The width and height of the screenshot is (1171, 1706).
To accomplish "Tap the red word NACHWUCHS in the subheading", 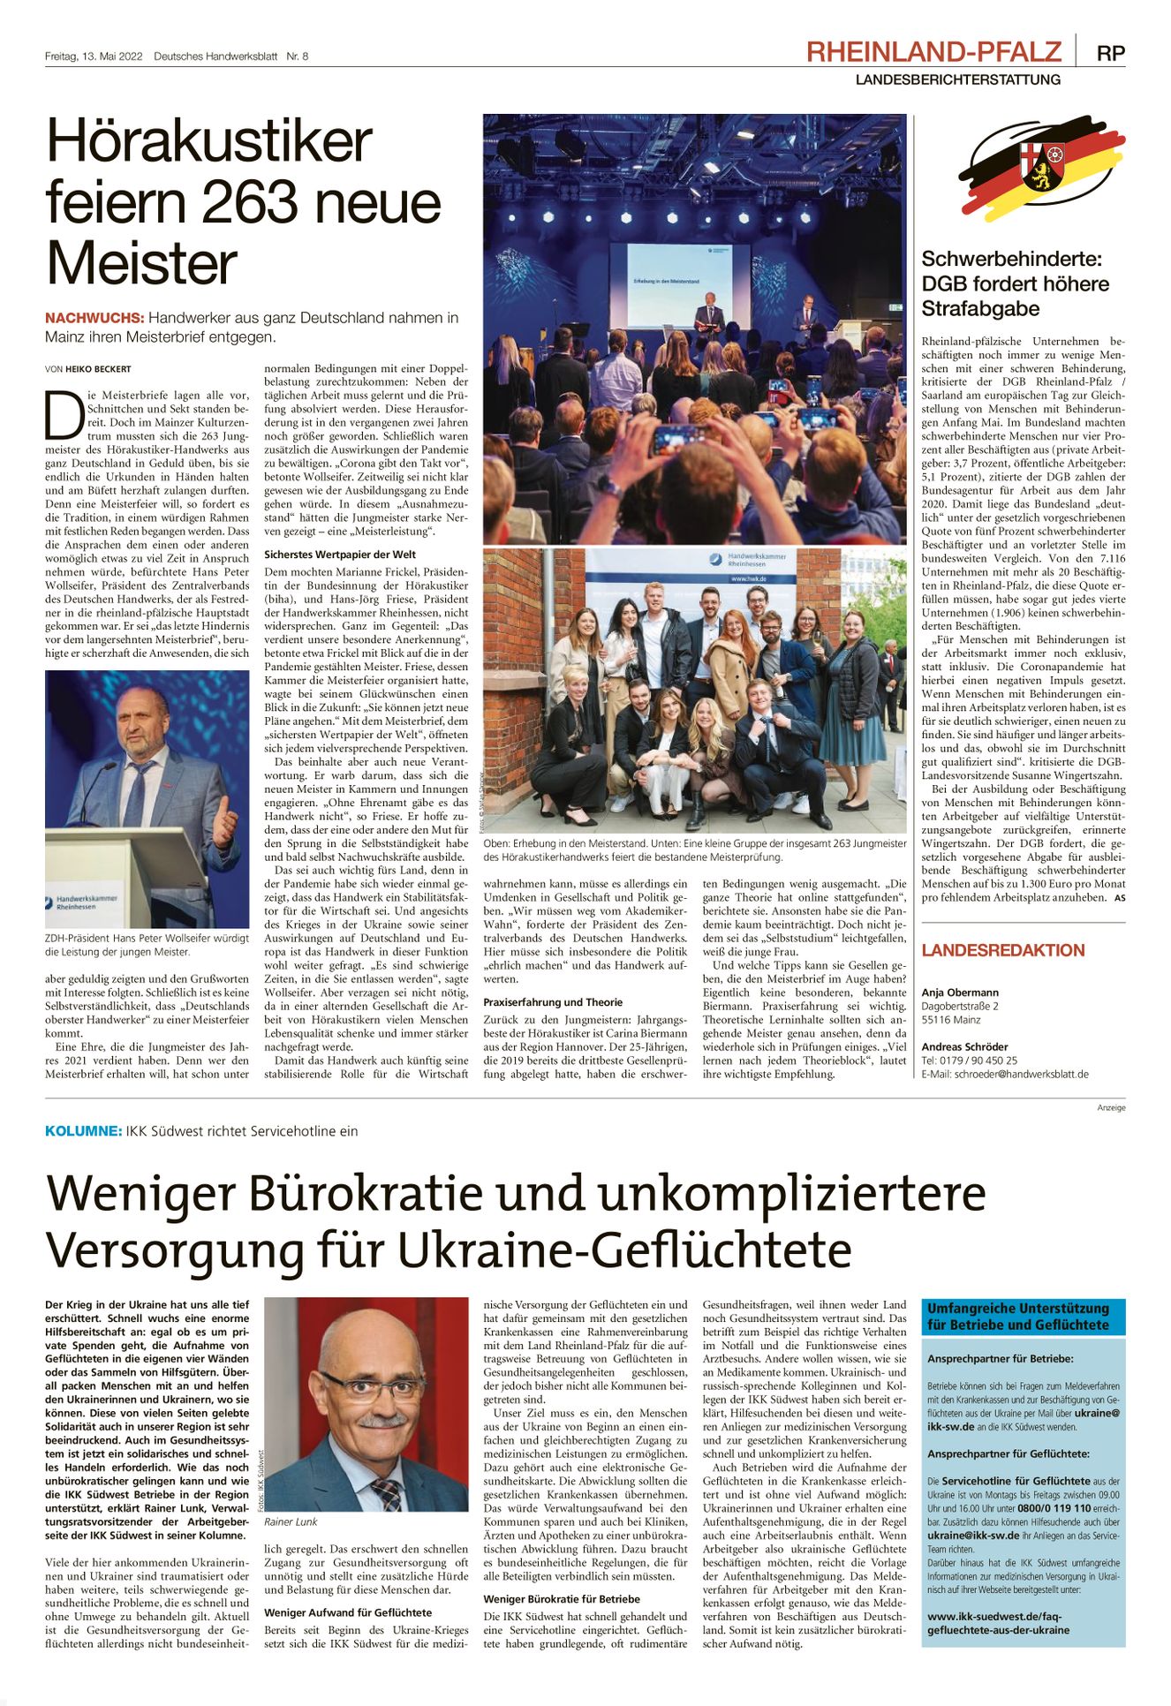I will tap(94, 318).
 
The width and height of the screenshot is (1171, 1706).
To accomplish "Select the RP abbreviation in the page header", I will tap(1110, 53).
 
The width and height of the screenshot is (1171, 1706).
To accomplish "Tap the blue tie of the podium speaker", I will tap(137, 793).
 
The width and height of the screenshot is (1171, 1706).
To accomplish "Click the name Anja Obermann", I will tap(960, 993).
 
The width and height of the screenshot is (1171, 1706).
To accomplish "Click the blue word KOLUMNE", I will tap(83, 1131).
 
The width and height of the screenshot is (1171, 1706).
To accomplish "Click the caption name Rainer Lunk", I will tap(291, 1522).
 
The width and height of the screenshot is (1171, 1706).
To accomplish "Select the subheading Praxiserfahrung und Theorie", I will tap(553, 1002).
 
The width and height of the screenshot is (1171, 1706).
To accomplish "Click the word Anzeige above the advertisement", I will tap(1111, 1107).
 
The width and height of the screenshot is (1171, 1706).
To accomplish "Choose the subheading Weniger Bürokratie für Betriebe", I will tap(562, 1599).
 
